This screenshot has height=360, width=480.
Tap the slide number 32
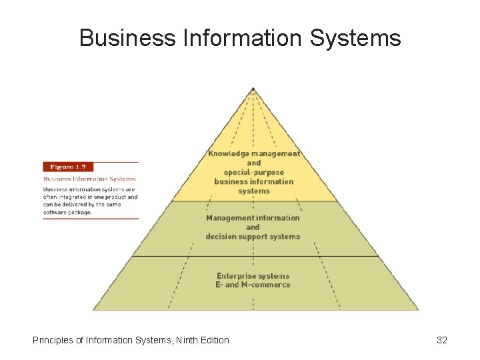click(x=441, y=340)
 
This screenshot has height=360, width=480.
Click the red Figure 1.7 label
click(x=67, y=167)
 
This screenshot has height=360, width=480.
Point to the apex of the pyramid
click(x=253, y=88)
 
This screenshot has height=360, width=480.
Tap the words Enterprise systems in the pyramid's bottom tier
click(x=253, y=275)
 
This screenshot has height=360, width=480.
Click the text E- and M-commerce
click(x=253, y=285)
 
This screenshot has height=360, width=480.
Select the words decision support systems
click(x=253, y=237)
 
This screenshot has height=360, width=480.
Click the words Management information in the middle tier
click(x=253, y=218)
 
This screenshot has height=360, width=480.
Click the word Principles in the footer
click(x=53, y=340)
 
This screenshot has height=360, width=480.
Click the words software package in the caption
click(x=67, y=213)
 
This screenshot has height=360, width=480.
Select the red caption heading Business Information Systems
click(x=89, y=179)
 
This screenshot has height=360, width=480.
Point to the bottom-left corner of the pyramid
click(x=93, y=310)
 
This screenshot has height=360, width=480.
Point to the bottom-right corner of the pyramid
click(x=419, y=310)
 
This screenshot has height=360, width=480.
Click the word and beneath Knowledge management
click(x=253, y=163)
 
